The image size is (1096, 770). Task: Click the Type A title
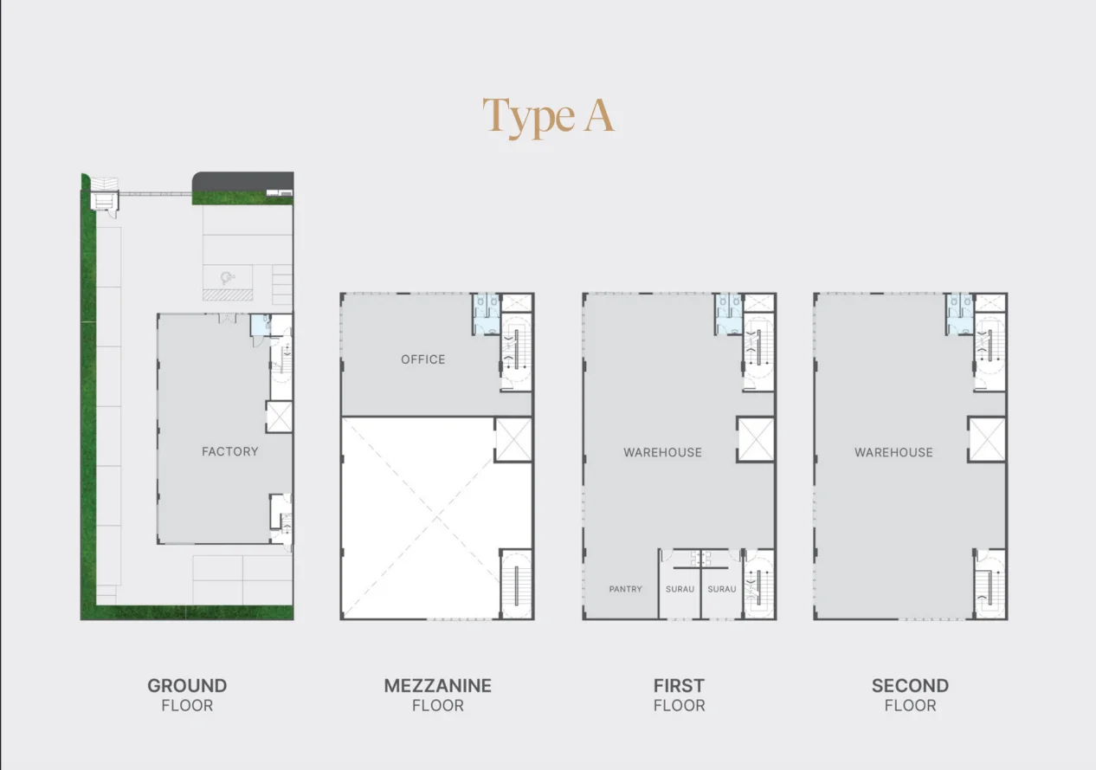pos(548,117)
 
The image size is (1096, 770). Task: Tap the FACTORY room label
pos(230,451)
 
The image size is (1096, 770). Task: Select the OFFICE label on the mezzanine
pos(423,359)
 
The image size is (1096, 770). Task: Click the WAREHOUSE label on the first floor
pos(662,452)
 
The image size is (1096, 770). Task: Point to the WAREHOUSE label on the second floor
pos(893,452)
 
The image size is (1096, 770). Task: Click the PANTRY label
pos(625,589)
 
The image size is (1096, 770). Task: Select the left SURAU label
pos(680,589)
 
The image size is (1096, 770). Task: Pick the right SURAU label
pos(722,589)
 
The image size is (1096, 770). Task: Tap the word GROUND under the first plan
pos(187,686)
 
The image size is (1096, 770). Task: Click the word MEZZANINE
pos(437,686)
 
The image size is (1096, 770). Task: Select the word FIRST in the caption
pos(679,686)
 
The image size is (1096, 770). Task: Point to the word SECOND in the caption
pos(910,686)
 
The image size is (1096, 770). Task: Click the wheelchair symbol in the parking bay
pos(227,278)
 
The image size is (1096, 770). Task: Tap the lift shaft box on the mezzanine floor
pos(513,439)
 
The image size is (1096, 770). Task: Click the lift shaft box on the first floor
pos(756,439)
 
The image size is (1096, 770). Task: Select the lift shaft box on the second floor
pos(986,439)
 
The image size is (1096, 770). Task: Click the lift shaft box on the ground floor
pos(280,417)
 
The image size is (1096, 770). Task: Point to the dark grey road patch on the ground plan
pos(243,182)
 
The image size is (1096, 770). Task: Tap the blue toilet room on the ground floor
pos(260,325)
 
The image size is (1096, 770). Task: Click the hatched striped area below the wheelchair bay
pos(228,294)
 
